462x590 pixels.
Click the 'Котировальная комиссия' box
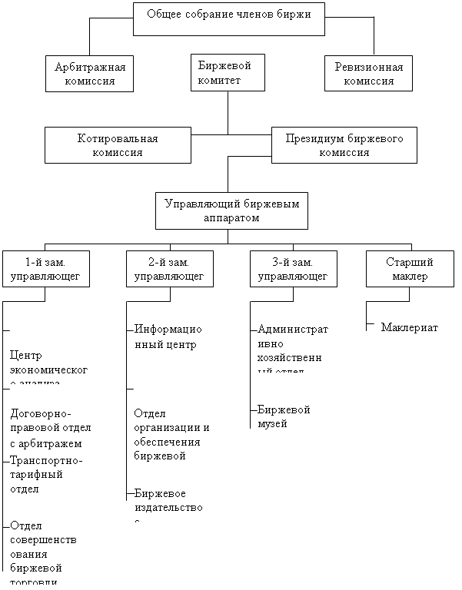click(x=118, y=144)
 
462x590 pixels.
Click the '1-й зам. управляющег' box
click(x=46, y=268)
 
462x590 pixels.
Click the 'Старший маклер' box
click(x=408, y=268)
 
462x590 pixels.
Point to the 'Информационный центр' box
click(x=170, y=340)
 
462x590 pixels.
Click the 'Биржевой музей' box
click(x=294, y=416)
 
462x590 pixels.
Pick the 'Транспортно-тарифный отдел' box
click(x=46, y=476)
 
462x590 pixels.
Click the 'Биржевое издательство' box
click(x=170, y=503)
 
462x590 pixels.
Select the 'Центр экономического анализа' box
click(x=52, y=364)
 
